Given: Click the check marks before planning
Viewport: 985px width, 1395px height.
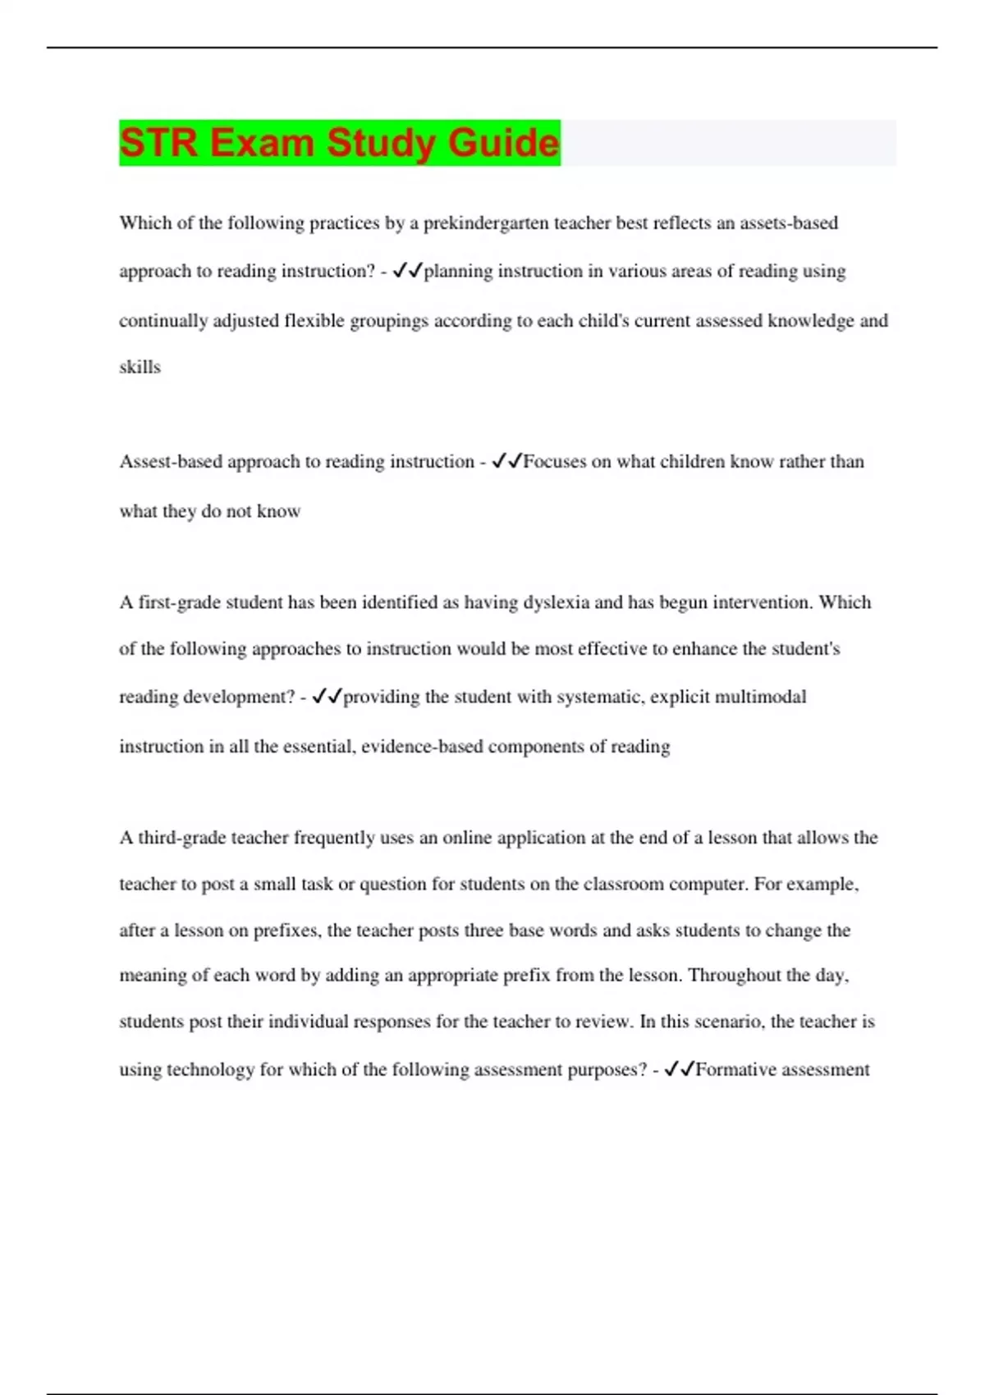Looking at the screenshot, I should point(407,271).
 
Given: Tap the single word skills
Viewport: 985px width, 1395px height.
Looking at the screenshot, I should point(140,367).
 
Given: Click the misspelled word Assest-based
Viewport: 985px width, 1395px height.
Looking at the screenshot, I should point(171,462).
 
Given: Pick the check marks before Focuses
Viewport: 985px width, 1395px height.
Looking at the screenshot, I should point(506,462).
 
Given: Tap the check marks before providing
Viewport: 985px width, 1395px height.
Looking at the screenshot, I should point(327,697).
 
